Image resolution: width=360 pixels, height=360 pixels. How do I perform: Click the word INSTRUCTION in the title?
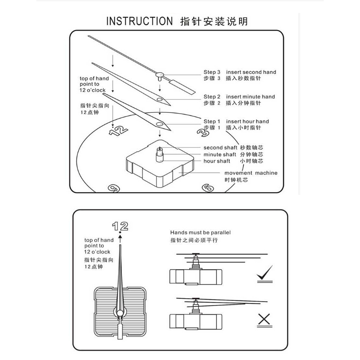point(139,21)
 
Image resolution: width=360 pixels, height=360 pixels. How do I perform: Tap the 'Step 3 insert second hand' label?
point(240,72)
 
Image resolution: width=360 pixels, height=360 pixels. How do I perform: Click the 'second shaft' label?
point(220,148)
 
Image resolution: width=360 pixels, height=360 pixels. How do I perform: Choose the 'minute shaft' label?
point(220,154)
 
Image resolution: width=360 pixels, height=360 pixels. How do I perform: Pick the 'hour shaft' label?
point(217,161)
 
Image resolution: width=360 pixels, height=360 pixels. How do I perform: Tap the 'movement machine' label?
point(251,173)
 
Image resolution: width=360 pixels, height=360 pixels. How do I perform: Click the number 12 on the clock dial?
point(119,131)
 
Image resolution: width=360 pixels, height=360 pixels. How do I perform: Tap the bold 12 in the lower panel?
point(121,225)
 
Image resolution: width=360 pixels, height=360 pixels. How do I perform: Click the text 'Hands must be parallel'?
point(200,233)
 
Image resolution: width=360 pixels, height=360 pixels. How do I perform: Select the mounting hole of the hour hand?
point(159,124)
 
